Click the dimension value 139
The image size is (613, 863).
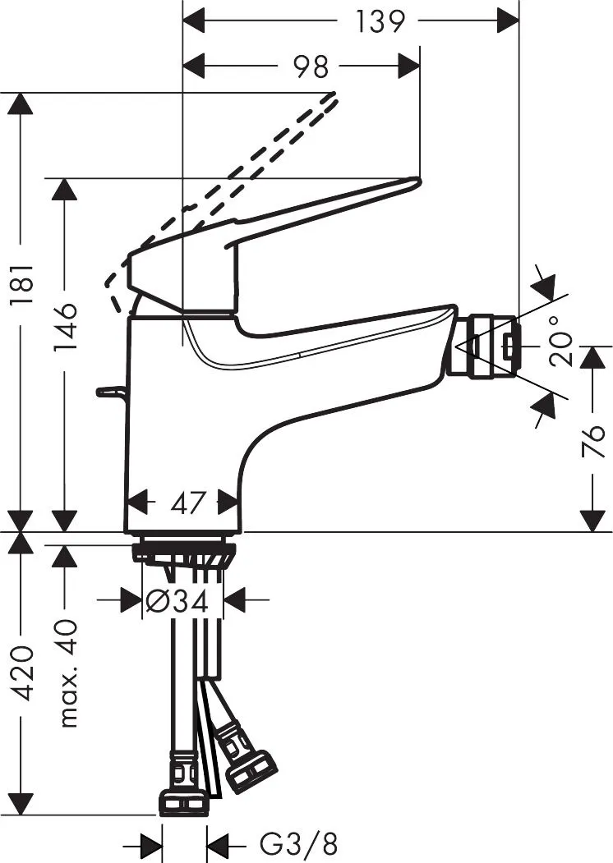(379, 22)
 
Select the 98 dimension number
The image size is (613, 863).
(310, 67)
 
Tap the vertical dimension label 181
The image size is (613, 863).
(24, 284)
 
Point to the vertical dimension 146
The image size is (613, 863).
(65, 326)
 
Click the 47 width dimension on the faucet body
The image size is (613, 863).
(188, 503)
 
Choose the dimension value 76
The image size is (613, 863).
(593, 441)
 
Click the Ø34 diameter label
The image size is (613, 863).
(176, 601)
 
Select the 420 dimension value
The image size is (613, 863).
(24, 672)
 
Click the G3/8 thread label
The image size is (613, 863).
(297, 842)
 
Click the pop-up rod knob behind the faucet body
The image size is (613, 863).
(111, 392)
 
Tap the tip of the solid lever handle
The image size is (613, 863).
(417, 180)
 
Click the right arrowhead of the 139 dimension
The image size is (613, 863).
(508, 22)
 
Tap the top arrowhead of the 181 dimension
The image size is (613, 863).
(21, 103)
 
